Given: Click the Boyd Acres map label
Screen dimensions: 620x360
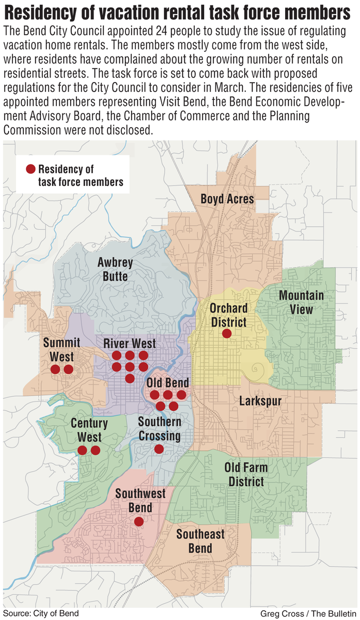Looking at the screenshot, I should [x=227, y=199].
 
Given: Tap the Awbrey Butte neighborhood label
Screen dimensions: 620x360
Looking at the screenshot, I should [x=115, y=269].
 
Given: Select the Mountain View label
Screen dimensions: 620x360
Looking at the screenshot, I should [x=301, y=302].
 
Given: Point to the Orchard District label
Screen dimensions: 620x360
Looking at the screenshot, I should [x=228, y=315].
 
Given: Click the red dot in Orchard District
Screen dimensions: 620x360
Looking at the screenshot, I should [x=226, y=334].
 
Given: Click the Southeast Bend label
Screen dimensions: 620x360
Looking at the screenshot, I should [x=200, y=540].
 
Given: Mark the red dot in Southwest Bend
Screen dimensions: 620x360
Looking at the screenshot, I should [x=138, y=522].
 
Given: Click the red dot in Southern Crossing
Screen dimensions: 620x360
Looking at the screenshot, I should [x=159, y=449].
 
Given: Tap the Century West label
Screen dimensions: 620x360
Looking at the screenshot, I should [x=89, y=430].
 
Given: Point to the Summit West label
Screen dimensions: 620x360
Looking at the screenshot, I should [x=61, y=350].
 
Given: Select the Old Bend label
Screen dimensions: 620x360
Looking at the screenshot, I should [x=168, y=383].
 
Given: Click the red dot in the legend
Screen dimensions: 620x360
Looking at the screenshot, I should [x=30, y=169].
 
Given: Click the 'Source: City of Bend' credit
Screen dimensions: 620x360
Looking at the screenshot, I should [x=41, y=613].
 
